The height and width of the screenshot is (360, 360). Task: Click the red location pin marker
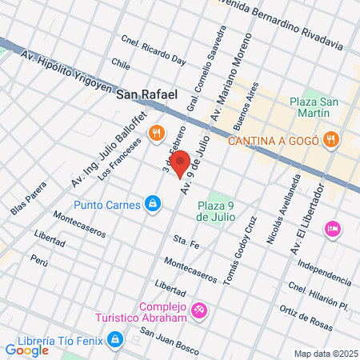point(179,162)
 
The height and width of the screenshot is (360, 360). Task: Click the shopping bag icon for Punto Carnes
point(151,203)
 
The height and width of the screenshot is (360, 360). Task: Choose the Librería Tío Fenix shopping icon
point(116,340)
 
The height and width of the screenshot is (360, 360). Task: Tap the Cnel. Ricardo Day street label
point(154,50)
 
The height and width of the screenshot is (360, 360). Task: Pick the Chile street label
point(122,64)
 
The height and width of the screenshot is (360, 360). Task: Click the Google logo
point(26,349)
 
